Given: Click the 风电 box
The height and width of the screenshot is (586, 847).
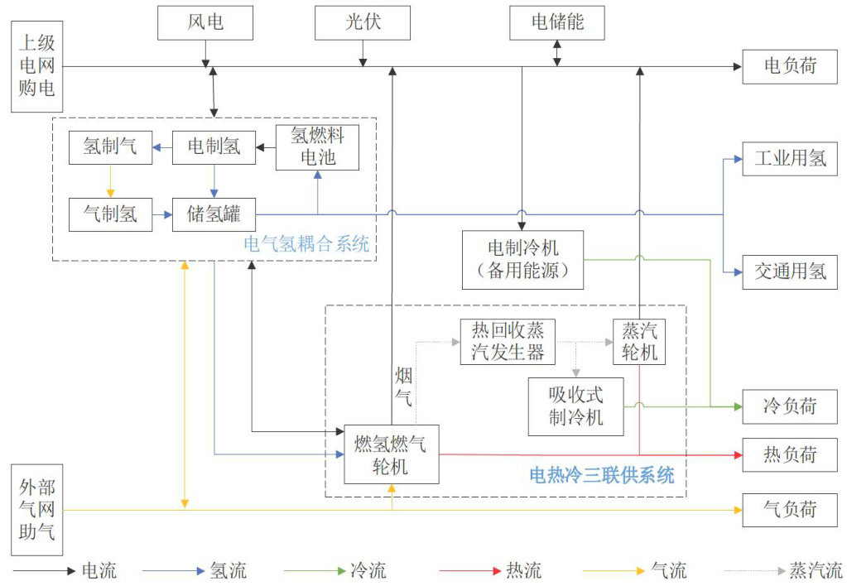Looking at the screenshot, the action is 205,22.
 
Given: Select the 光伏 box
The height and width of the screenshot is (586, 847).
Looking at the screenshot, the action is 363,22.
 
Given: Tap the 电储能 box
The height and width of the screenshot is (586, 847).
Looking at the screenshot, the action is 557,22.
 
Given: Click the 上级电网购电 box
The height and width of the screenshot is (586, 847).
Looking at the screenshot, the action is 36,66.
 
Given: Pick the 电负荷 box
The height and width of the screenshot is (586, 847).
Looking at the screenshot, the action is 790,66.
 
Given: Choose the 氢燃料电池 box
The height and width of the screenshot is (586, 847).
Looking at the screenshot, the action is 317,147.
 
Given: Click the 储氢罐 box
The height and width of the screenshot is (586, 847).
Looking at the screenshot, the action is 214,214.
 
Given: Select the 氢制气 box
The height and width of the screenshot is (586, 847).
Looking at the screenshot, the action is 110,147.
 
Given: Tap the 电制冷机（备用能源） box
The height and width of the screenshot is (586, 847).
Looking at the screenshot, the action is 523,260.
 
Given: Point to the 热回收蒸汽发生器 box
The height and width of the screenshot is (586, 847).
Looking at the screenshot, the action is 508,342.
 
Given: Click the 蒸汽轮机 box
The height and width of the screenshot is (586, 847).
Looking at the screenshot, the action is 639,342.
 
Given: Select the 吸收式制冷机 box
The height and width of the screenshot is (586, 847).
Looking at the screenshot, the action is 575,406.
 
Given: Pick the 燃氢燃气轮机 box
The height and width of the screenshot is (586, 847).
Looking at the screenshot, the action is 392,454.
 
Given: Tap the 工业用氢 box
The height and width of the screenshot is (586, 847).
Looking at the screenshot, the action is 790,159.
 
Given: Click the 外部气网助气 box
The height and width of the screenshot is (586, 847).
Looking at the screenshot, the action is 36,510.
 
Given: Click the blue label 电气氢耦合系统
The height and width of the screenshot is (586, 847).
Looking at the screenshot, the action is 306,244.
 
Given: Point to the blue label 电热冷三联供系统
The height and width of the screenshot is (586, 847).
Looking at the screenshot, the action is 602,475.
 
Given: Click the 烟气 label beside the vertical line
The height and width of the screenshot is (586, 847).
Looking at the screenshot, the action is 403,387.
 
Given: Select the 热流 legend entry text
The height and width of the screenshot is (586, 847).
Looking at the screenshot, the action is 524,570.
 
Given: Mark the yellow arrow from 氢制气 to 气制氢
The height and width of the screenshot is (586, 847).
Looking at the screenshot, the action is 110,181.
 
